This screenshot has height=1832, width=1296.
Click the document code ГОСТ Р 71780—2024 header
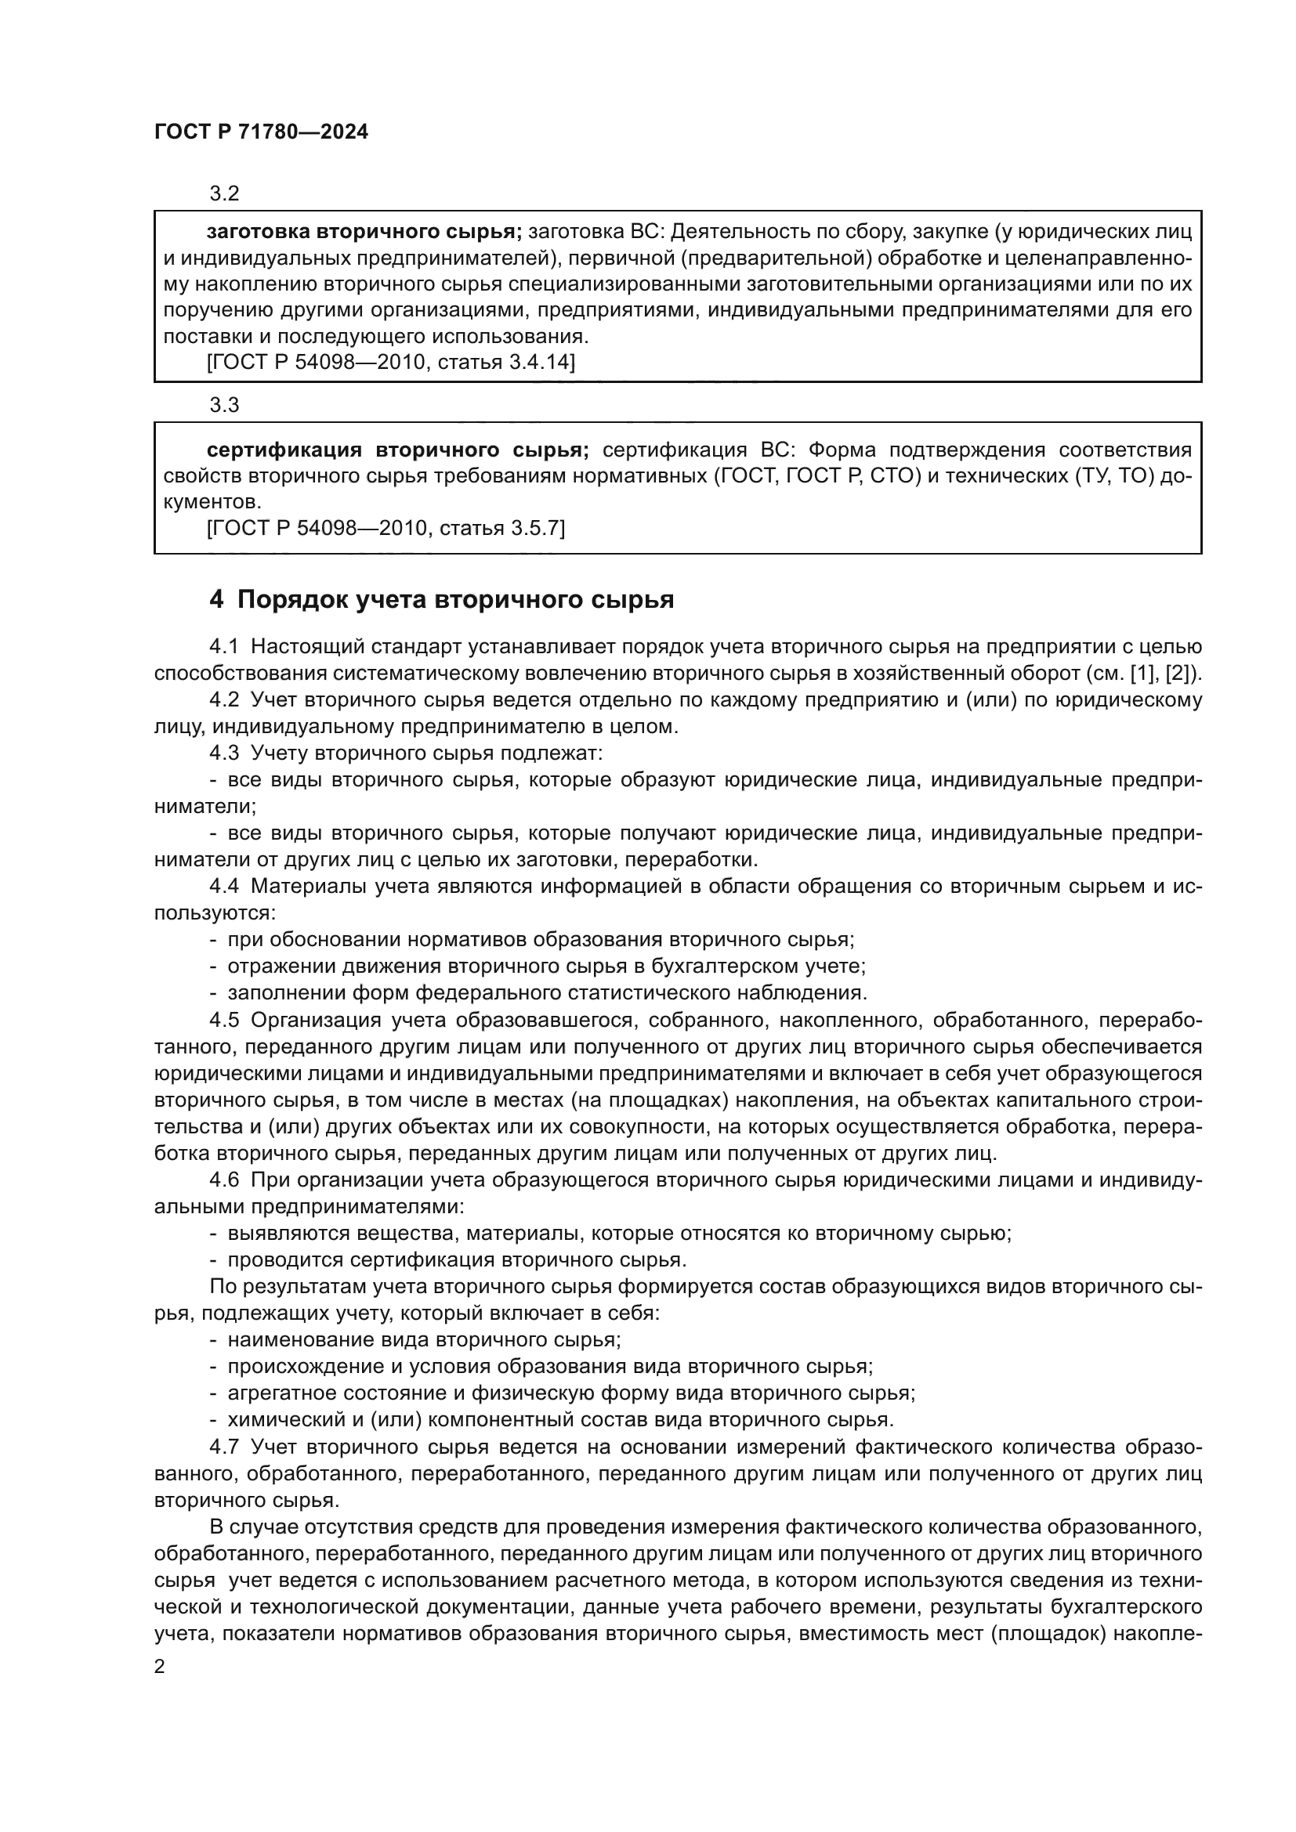tap(261, 132)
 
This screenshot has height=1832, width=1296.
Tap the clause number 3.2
tap(224, 194)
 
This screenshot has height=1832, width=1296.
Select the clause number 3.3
tap(224, 406)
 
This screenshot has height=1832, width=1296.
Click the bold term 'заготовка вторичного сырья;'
tap(364, 232)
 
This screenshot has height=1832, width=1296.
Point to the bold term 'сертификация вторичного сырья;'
tap(397, 450)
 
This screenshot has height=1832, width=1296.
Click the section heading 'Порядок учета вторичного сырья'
tap(456, 599)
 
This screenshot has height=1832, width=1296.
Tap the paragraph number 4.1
tap(224, 646)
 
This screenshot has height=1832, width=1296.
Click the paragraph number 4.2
tap(224, 699)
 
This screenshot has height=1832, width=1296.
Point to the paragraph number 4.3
tap(224, 753)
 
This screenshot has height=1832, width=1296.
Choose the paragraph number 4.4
tap(224, 887)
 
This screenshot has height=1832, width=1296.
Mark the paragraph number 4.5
tap(224, 1020)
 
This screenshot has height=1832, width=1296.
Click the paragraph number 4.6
tap(224, 1180)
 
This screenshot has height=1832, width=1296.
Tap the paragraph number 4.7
tap(224, 1447)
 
